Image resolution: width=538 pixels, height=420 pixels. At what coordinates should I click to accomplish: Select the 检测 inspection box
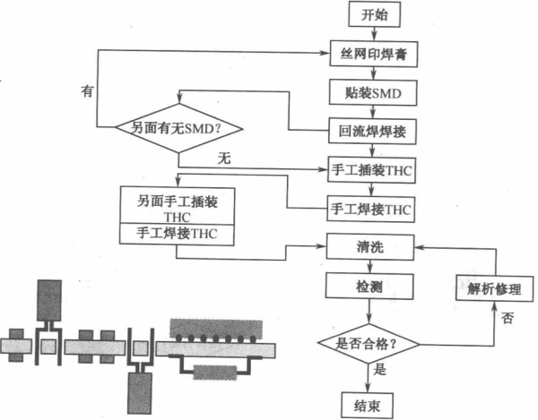point(369,287)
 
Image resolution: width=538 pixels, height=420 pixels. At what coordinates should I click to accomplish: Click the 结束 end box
point(368,405)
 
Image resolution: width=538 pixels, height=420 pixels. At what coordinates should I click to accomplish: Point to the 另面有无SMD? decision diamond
point(178,130)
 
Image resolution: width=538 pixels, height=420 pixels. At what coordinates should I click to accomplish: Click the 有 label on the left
point(86,91)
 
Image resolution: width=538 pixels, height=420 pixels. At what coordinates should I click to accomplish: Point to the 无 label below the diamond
point(225,159)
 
